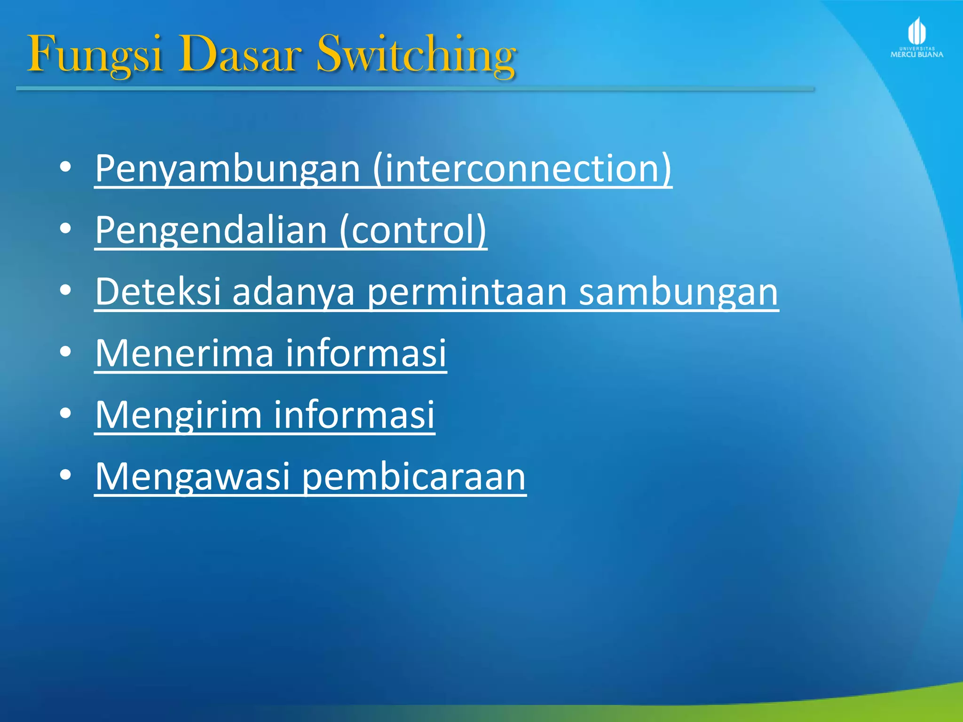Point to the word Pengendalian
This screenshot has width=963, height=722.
point(211,230)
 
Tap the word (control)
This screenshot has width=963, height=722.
point(412,230)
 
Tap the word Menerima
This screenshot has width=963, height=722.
point(184,353)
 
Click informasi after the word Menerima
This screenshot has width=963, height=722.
point(366,353)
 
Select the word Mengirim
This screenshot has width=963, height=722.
point(178,415)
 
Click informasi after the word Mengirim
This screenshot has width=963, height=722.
point(354,415)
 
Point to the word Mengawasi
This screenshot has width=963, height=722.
point(192,477)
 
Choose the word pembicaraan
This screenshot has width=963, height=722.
point(414,477)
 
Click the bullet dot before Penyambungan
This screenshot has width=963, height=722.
point(65,167)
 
